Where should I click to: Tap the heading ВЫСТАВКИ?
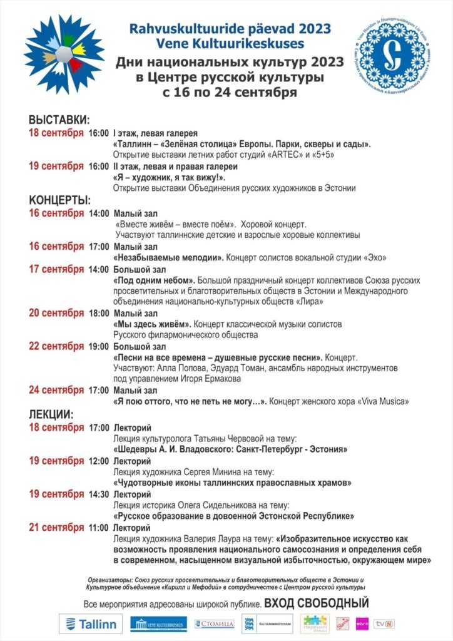59,120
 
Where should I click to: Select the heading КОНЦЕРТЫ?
60,200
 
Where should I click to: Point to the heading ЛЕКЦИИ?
51,414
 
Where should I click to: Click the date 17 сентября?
56,269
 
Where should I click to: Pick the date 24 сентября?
56,389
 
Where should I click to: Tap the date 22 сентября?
56,346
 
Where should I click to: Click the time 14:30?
99,494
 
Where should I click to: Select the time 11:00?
99,527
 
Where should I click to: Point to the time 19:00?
99,346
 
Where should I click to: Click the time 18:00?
99,313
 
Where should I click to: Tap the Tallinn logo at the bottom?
91,623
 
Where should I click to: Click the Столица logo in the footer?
215,623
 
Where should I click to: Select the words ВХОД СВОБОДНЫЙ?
317,603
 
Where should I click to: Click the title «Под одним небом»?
154,280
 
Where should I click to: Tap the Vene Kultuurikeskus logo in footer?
158,623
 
